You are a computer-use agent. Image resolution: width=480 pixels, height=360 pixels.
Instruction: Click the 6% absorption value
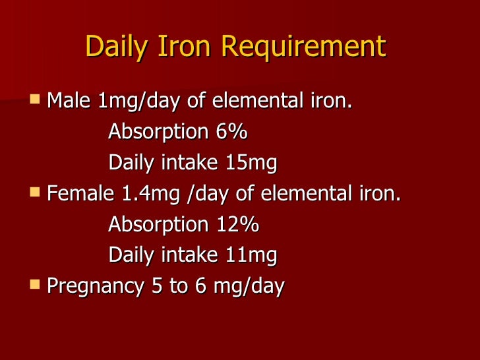[231, 132]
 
